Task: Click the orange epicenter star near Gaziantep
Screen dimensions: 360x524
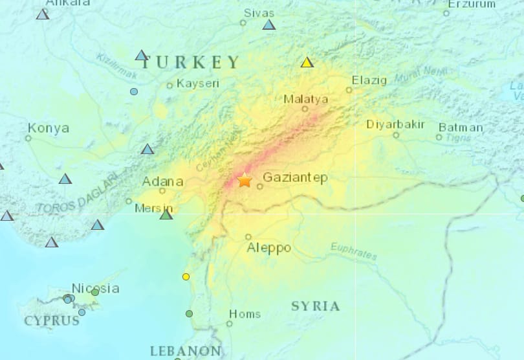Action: pyautogui.click(x=245, y=180)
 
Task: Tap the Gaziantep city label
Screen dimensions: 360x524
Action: pyautogui.click(x=296, y=177)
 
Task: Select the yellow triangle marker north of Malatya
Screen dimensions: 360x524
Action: pyautogui.click(x=307, y=63)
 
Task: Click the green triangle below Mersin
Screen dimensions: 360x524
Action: pyautogui.click(x=166, y=214)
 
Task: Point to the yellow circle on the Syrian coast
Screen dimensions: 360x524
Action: pyautogui.click(x=186, y=276)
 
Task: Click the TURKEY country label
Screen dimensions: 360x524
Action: pyautogui.click(x=191, y=63)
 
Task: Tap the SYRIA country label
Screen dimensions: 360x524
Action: pyautogui.click(x=315, y=306)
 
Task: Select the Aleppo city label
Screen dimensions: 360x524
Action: pyautogui.click(x=268, y=248)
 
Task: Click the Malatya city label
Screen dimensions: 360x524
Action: pyautogui.click(x=305, y=99)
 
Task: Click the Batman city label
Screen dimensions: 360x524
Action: pyautogui.click(x=461, y=128)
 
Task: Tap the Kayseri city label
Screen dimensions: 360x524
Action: pyautogui.click(x=198, y=84)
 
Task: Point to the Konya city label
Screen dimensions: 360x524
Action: pyautogui.click(x=49, y=128)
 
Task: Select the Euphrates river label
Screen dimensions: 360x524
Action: pyautogui.click(x=353, y=251)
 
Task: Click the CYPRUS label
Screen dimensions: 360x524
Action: pyautogui.click(x=52, y=321)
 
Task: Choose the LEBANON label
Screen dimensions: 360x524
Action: pyautogui.click(x=185, y=351)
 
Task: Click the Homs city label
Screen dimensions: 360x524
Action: pyautogui.click(x=245, y=314)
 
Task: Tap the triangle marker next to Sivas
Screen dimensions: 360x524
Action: pyautogui.click(x=269, y=25)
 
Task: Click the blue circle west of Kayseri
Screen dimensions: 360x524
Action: pyautogui.click(x=134, y=91)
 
